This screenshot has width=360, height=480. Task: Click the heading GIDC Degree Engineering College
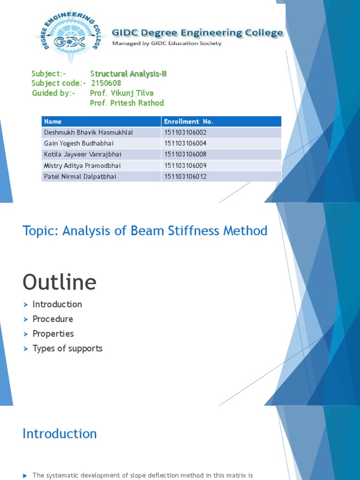point(197,33)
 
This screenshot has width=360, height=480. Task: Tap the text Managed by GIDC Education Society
point(166,44)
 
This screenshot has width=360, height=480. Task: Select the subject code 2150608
point(106,83)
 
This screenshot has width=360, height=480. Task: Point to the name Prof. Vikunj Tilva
point(121,93)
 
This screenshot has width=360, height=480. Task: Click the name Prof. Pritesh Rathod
point(127,103)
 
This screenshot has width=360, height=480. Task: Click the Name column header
point(52,122)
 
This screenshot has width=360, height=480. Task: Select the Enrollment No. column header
point(188,122)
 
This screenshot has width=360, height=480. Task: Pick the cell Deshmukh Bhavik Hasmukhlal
point(89,133)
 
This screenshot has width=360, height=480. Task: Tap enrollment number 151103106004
point(186,143)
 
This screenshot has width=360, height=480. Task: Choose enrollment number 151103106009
point(186,165)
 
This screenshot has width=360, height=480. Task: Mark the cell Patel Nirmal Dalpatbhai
point(80,177)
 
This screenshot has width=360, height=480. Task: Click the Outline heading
point(60,282)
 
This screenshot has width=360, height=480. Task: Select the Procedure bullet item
point(52,319)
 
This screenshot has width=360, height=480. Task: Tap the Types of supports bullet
point(67,348)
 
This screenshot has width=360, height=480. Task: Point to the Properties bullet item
point(53,334)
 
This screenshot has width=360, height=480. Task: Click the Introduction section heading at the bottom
point(60,434)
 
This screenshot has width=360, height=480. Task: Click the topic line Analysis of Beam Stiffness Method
point(145,231)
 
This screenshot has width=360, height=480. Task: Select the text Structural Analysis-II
point(128,74)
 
